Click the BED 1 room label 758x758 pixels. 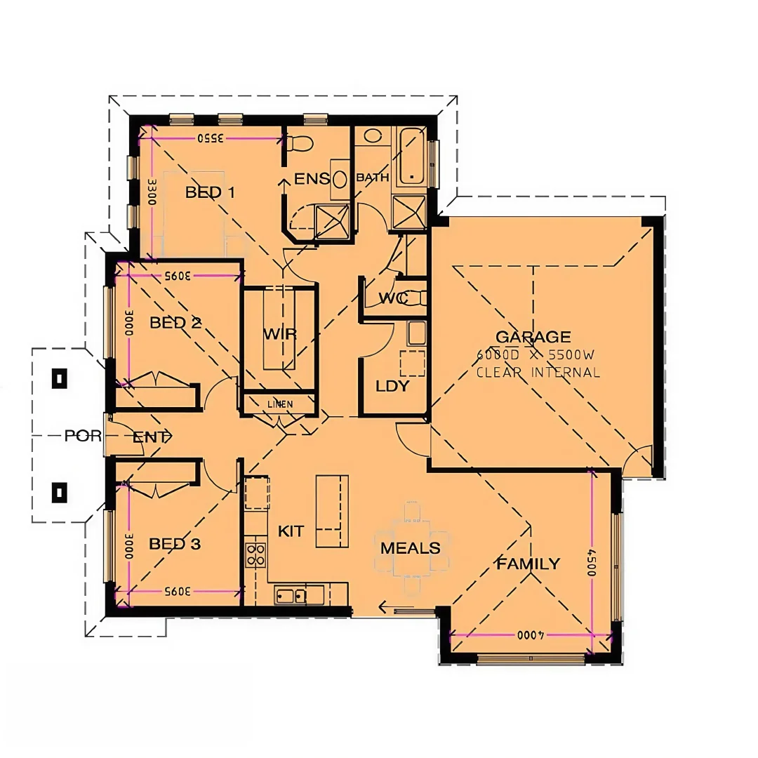pyautogui.click(x=209, y=192)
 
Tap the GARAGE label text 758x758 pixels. pyautogui.click(x=533, y=338)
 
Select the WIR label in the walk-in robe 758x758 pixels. pyautogui.click(x=279, y=334)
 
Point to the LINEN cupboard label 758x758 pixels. pyautogui.click(x=280, y=405)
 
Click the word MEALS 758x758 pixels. pyautogui.click(x=411, y=548)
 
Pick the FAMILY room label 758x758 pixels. pyautogui.click(x=528, y=564)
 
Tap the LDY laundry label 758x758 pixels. pyautogui.click(x=392, y=386)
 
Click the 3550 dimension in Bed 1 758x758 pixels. pyautogui.click(x=210, y=138)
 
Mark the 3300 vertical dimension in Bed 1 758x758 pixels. pyautogui.click(x=151, y=190)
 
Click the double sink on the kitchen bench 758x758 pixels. pyautogui.click(x=291, y=597)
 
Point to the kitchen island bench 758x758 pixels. pyautogui.click(x=332, y=511)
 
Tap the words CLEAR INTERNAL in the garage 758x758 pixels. pyautogui.click(x=538, y=373)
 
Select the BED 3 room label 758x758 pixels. pyautogui.click(x=175, y=544)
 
